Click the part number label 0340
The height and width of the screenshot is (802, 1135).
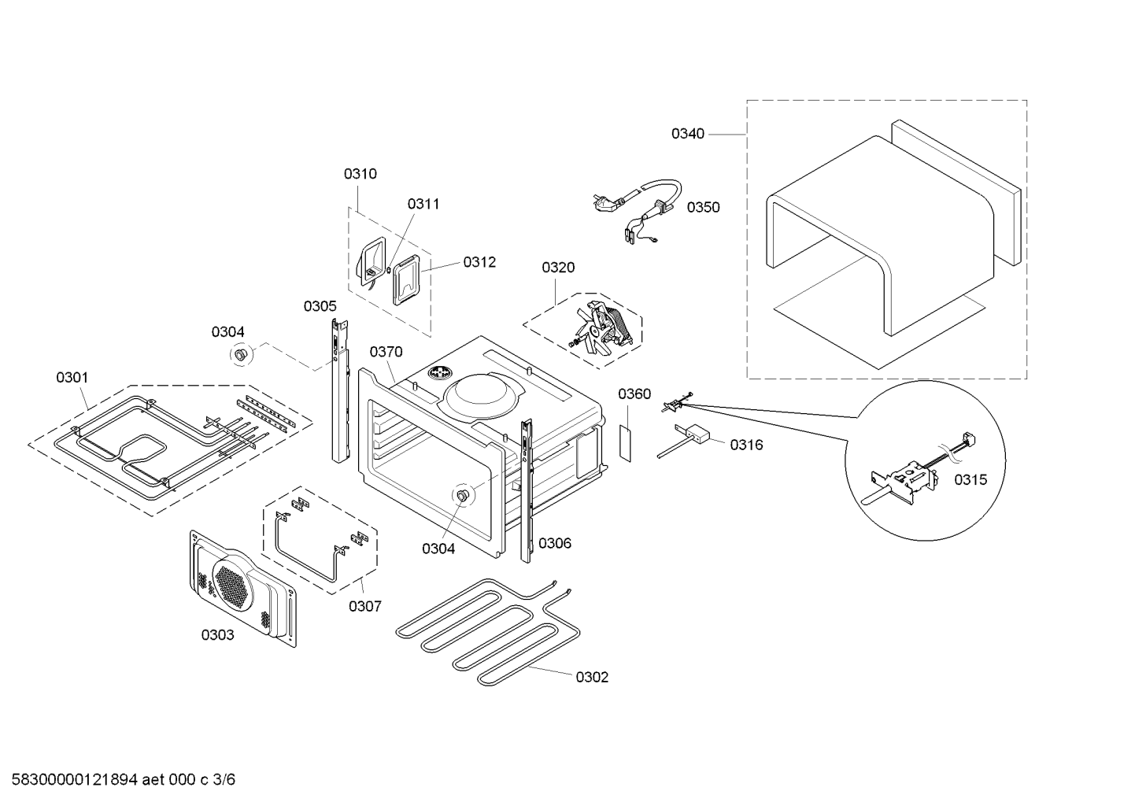click(688, 134)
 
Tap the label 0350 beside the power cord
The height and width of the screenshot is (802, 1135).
click(704, 207)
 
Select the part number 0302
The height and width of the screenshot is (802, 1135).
click(592, 677)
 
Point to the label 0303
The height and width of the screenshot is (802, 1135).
click(218, 635)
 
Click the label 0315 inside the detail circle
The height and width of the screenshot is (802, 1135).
click(970, 479)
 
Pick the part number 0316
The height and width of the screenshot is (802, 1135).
click(746, 445)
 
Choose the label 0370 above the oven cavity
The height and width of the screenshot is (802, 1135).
click(386, 352)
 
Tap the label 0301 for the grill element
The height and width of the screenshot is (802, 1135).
click(72, 378)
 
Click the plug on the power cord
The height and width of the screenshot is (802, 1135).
click(607, 201)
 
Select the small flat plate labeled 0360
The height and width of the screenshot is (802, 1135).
click(626, 443)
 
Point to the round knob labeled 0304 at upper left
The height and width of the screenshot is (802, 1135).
click(240, 354)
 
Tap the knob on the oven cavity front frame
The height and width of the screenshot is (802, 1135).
click(462, 496)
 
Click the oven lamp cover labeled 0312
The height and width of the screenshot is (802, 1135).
click(407, 279)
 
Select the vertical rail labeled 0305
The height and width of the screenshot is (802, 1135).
click(340, 390)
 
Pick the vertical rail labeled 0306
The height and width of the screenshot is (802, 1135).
click(527, 490)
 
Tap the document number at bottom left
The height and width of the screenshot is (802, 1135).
click(123, 779)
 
